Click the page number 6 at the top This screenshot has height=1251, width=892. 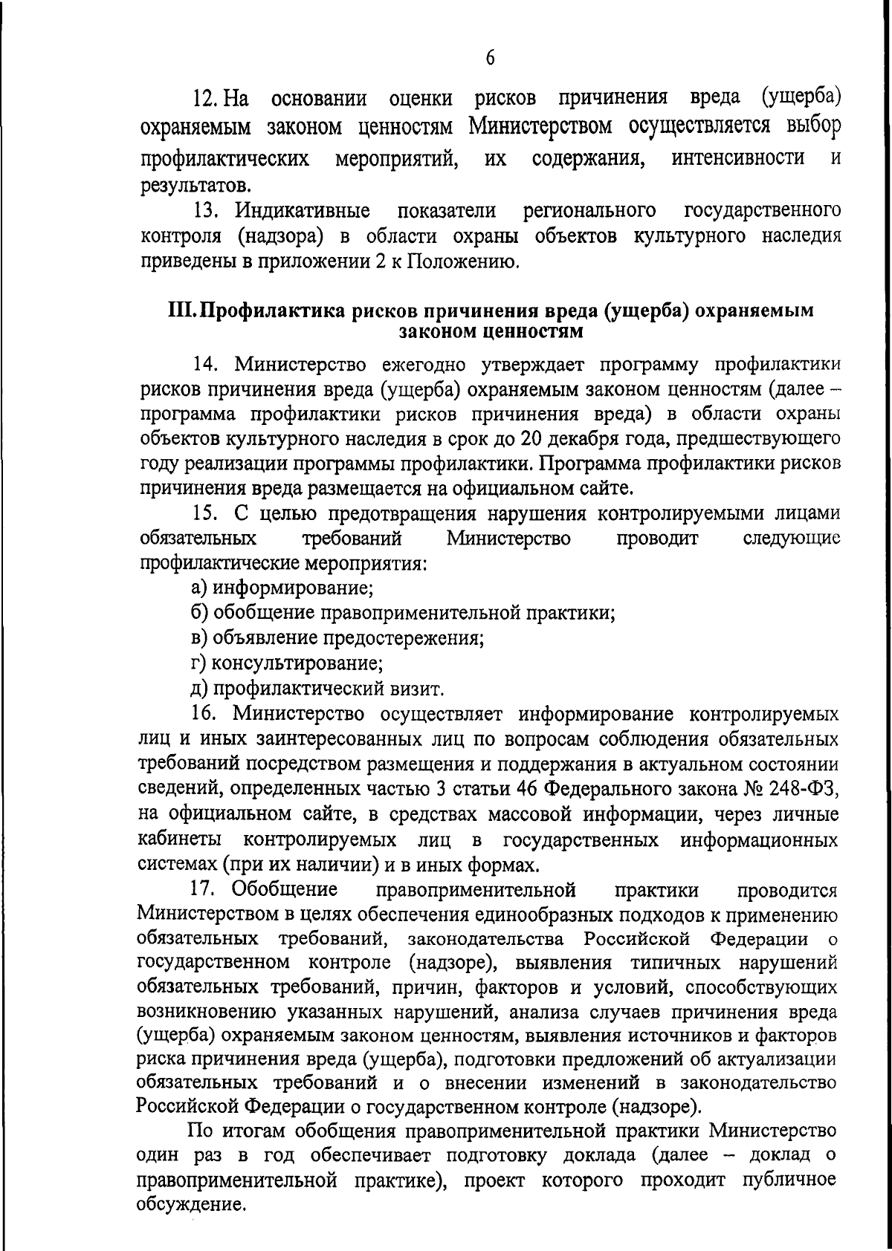pos(490,59)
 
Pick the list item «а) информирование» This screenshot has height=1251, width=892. pos(282,588)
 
